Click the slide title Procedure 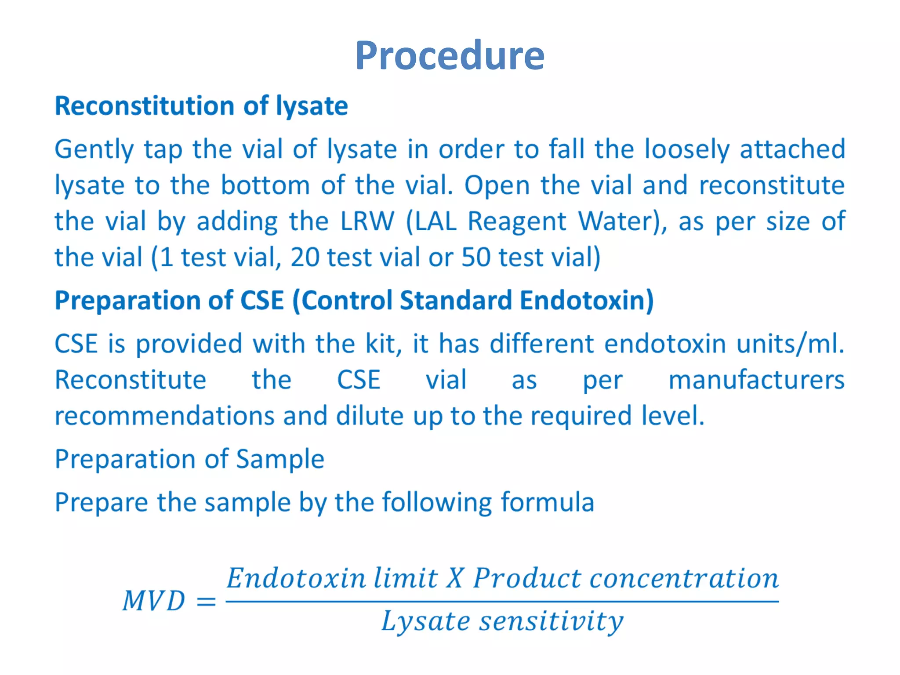(x=450, y=56)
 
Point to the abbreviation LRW (x=367, y=221)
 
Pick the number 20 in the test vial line (x=305, y=257)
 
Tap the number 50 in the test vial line (x=476, y=257)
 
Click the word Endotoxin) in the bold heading (x=587, y=301)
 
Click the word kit (x=383, y=344)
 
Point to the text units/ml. (x=790, y=344)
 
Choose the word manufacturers (x=756, y=380)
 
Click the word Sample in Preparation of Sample (x=280, y=459)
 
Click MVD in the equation (x=154, y=601)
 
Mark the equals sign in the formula (x=206, y=601)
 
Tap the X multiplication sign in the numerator (x=454, y=578)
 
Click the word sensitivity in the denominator (x=551, y=621)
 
